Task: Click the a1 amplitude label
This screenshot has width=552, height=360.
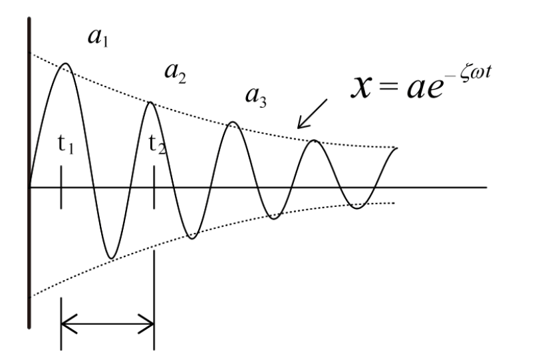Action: (98, 37)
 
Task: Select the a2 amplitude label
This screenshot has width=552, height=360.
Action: (176, 73)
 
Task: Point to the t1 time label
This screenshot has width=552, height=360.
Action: (66, 144)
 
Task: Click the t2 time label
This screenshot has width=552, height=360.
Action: (157, 144)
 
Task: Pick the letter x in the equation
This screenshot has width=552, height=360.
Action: (361, 87)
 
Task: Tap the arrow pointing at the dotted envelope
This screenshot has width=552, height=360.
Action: (313, 113)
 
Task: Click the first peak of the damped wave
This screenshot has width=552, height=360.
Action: (66, 63)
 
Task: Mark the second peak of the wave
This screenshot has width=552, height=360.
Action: (150, 102)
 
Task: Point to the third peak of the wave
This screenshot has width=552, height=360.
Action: (233, 122)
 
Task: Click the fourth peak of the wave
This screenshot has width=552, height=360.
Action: (315, 140)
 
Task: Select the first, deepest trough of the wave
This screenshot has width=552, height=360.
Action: (111, 258)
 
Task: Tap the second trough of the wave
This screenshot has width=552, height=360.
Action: (192, 238)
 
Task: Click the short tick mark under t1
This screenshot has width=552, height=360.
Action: (61, 188)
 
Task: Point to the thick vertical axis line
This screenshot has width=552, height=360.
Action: (29, 172)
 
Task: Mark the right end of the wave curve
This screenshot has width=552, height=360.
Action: (397, 148)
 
